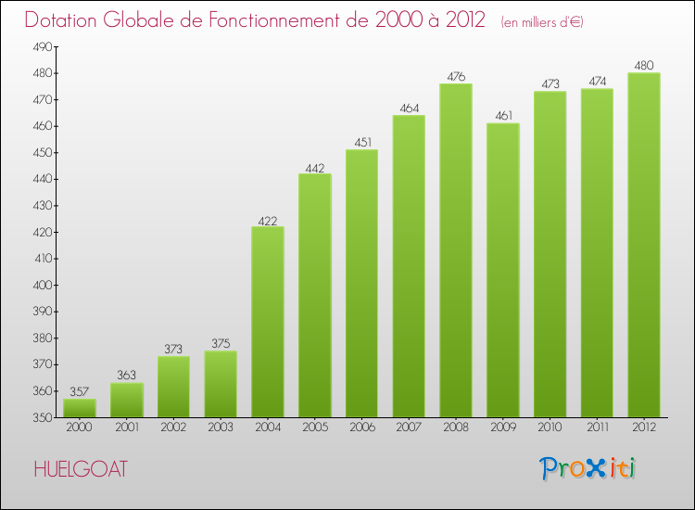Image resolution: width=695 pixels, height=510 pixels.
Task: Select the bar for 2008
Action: click(x=456, y=250)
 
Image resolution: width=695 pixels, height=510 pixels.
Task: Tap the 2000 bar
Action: click(x=80, y=408)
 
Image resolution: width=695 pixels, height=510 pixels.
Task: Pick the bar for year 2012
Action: click(x=644, y=246)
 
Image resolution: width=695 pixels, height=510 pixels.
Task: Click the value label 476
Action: click(x=456, y=77)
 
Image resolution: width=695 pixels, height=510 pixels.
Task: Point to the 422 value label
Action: click(x=268, y=220)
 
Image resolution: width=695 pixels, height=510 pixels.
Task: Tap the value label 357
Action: click(x=80, y=392)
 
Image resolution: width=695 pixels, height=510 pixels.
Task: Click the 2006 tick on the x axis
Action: click(x=361, y=427)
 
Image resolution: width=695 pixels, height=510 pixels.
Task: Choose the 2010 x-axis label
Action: click(x=550, y=427)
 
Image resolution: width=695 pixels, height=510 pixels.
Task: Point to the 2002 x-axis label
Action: click(x=173, y=427)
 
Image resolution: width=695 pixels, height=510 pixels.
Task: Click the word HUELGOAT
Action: click(x=80, y=469)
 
